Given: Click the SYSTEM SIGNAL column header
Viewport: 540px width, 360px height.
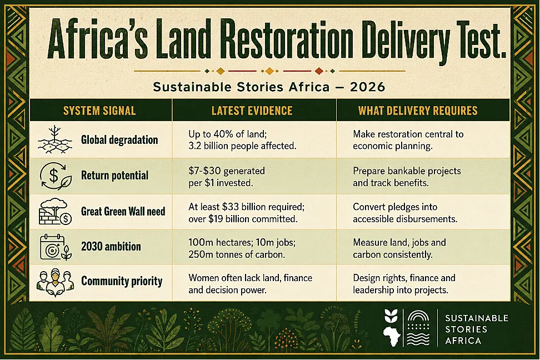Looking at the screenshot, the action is pos(99,111).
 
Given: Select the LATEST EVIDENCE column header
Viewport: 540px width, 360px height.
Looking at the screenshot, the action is pos(252,111).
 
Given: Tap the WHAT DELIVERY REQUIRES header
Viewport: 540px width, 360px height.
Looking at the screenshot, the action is pos(418,111).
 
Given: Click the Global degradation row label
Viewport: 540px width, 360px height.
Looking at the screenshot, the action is pos(119,140).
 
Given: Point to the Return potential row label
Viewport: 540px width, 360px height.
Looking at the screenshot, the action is pos(114,176).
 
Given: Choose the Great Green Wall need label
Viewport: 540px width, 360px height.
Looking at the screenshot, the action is pos(123,211).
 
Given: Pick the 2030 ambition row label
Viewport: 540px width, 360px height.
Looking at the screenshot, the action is pos(111,247).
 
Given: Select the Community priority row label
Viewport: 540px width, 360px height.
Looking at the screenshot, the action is pos(122,282).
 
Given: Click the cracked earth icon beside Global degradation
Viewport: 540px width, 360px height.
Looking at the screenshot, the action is pos(55,139).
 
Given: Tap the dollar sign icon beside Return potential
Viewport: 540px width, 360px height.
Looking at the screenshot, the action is pos(56,176).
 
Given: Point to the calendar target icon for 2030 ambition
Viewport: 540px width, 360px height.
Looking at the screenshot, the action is pos(56,247).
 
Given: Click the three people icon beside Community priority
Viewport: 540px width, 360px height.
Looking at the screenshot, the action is pos(55,283).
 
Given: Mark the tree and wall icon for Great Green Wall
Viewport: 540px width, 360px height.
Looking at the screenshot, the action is pos(55,211).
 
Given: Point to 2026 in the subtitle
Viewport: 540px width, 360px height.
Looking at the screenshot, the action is pos(367,87).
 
